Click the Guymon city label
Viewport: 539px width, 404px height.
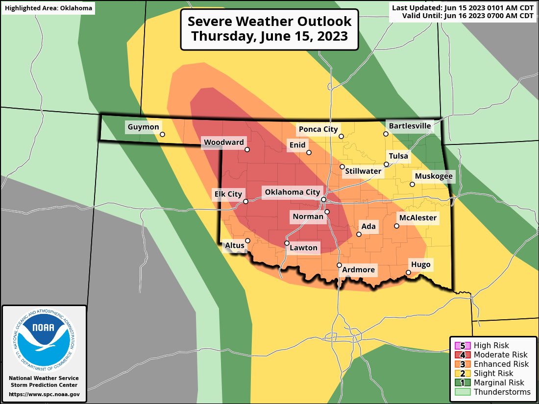click(x=143, y=127)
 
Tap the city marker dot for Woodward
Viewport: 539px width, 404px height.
click(x=247, y=150)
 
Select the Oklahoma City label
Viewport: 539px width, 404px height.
click(x=292, y=192)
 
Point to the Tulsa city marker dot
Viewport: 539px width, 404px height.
click(x=386, y=165)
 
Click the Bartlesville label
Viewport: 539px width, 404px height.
click(x=410, y=126)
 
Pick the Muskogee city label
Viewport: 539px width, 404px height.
click(x=434, y=176)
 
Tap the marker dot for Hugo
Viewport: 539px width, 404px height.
click(x=409, y=273)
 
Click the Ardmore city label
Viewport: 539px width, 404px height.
click(x=358, y=270)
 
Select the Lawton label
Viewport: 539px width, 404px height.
click(x=304, y=248)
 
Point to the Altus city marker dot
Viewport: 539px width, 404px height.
click(x=248, y=240)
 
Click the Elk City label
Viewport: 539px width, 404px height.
click(x=228, y=194)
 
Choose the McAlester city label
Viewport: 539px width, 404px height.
click(x=417, y=217)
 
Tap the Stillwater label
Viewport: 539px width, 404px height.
click(x=363, y=171)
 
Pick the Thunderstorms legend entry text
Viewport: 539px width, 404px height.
click(x=502, y=392)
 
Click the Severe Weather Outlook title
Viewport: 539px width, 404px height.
click(x=269, y=29)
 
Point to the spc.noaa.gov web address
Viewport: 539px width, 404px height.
click(x=44, y=394)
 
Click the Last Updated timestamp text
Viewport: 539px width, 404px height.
click(x=463, y=7)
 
